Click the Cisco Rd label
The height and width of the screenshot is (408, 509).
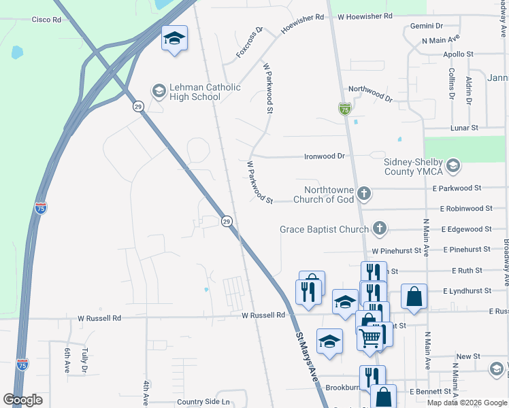[x=46, y=20]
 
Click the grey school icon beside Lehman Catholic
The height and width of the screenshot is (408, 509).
[x=159, y=90]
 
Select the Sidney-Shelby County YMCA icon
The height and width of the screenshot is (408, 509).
[x=453, y=165]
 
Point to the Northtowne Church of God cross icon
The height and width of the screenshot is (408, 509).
[x=364, y=194]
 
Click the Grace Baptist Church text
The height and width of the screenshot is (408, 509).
[x=324, y=230]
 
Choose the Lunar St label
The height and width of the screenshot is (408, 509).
[x=465, y=127]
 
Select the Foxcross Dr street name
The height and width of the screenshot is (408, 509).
[x=249, y=43]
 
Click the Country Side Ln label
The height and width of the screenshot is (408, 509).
[x=203, y=402]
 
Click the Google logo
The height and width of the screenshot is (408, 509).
[x=22, y=400]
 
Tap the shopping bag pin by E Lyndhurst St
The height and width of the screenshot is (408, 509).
[x=414, y=296]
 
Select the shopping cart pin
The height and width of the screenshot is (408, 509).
[x=370, y=335]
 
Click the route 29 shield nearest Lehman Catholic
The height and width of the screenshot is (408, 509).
[x=138, y=107]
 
